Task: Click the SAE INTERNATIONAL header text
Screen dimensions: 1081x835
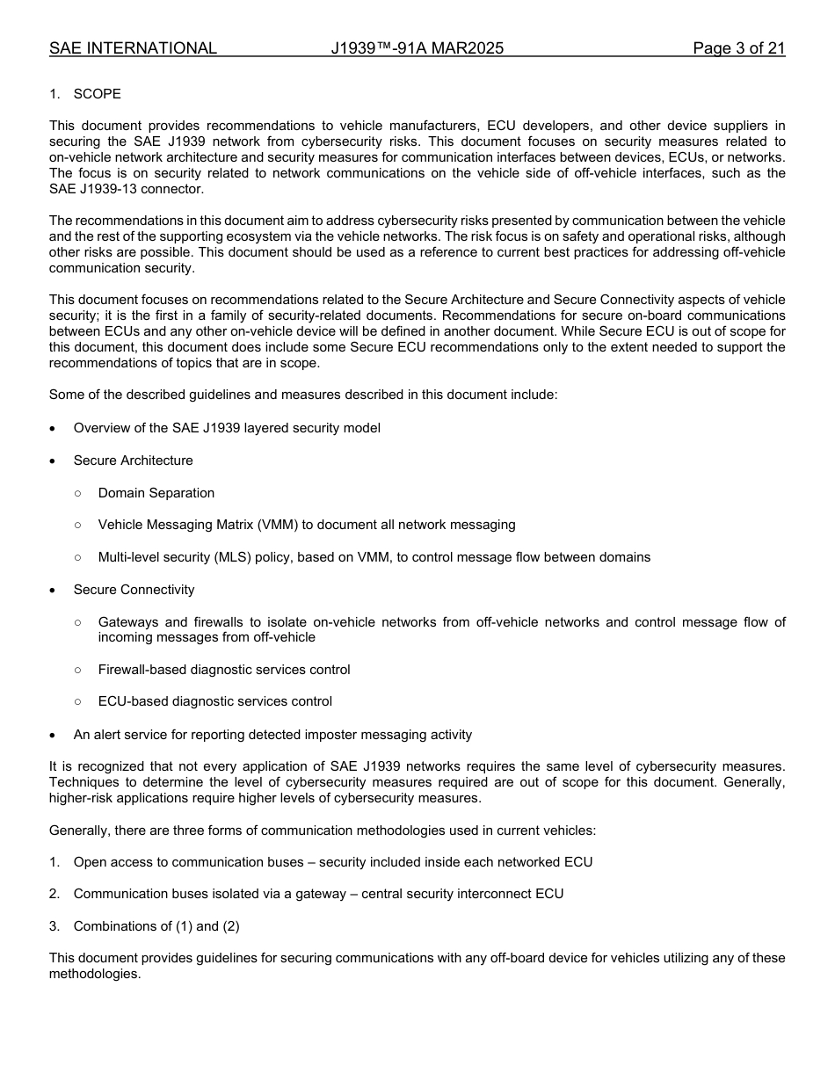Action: [x=133, y=48]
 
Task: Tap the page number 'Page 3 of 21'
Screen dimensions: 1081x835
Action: [x=738, y=48]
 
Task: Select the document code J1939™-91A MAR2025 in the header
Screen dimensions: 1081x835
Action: [x=417, y=48]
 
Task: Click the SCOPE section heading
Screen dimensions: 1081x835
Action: [x=97, y=94]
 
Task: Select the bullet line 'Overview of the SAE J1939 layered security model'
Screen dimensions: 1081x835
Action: [x=227, y=428]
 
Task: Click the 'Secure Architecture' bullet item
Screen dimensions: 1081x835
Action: [x=133, y=461]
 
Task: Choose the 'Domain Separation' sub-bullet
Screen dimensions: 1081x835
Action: [x=156, y=493]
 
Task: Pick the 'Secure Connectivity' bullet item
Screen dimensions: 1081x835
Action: [x=134, y=590]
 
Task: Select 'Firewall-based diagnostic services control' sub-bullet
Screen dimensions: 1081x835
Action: [x=224, y=670]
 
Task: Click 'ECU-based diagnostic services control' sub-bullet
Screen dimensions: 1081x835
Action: [x=215, y=701]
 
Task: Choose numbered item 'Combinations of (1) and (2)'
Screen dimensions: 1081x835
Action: [x=156, y=926]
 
